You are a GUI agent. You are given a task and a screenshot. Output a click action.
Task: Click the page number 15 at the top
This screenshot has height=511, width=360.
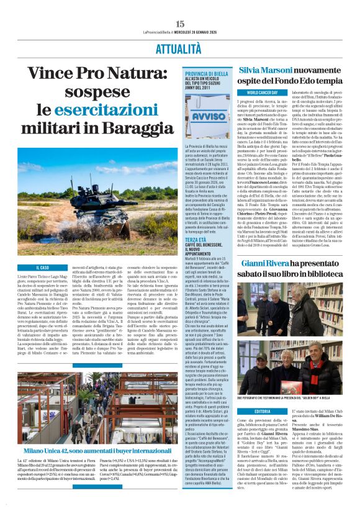[x=180, y=22]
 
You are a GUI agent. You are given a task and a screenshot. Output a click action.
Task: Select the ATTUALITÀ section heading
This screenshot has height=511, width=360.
[x=179, y=49]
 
